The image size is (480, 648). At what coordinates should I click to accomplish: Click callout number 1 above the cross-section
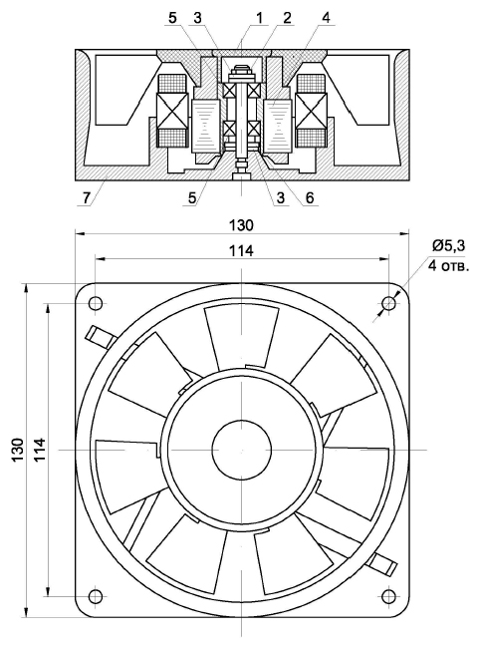point(259,18)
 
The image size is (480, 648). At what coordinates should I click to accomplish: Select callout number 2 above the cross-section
point(287,18)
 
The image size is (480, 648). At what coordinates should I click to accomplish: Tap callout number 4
point(326,18)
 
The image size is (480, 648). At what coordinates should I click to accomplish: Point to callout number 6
point(310,198)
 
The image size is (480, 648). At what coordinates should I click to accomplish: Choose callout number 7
point(85,198)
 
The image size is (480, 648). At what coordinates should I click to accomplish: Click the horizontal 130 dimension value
point(241,225)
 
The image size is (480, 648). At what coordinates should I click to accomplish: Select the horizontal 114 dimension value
point(241,251)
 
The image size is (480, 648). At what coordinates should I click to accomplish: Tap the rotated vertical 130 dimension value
point(18,450)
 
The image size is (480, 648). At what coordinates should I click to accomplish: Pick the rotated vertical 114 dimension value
point(41,450)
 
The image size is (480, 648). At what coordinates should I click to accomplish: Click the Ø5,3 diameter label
point(448,246)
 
